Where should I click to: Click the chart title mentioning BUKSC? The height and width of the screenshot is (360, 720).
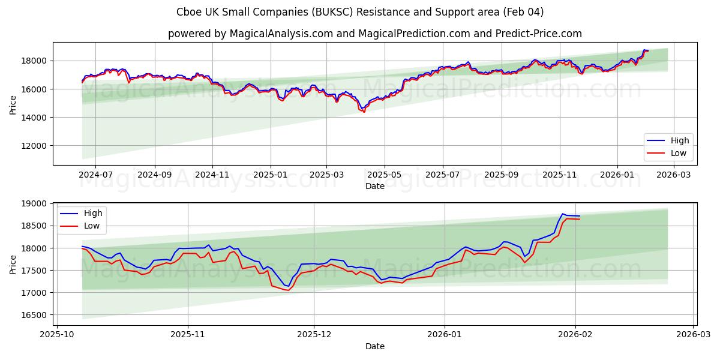coord(360,12)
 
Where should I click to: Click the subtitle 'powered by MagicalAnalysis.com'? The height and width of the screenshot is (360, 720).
coord(250,34)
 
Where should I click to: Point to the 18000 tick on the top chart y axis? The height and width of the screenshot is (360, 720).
coord(35,61)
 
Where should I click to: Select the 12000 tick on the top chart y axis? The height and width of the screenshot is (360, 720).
coord(35,146)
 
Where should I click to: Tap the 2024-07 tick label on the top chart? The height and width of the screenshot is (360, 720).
coord(96,175)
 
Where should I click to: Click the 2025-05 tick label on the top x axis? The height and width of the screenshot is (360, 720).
coord(384,175)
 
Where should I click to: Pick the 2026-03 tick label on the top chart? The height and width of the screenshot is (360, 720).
coord(674,175)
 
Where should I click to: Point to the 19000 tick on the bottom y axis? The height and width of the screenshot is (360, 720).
coord(35,204)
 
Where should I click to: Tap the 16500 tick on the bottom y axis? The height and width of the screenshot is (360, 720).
coord(35,315)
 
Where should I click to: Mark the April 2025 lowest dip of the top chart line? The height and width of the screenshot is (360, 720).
coord(364,112)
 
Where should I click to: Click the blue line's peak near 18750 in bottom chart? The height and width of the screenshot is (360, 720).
coord(563,214)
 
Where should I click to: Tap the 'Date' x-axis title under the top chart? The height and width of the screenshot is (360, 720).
coord(375,187)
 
